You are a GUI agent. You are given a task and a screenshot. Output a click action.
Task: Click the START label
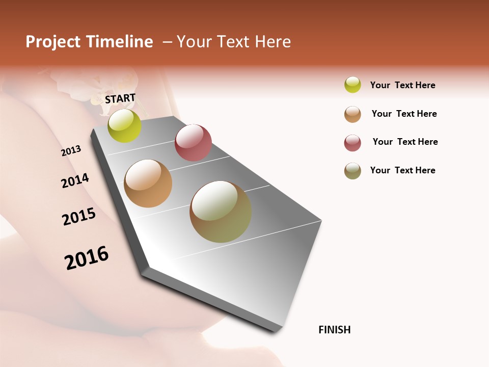[x=120, y=98]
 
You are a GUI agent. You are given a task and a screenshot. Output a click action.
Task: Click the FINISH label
[x=335, y=330]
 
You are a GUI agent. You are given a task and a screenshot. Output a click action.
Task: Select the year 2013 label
[x=71, y=151]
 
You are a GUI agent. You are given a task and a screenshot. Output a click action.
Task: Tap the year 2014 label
[x=75, y=181]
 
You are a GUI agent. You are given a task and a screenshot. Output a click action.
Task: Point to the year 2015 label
[x=79, y=217]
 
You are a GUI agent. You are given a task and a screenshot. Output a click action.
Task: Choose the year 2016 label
[x=87, y=258]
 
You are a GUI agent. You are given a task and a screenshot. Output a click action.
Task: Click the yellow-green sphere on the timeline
[x=124, y=126]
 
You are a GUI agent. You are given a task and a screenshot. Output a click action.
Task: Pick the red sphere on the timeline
[x=193, y=143]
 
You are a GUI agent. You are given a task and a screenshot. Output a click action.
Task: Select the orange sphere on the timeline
[x=148, y=183]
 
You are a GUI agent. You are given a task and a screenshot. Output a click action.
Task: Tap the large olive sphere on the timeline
[x=221, y=212]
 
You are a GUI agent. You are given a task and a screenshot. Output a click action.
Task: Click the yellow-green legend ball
[x=352, y=85]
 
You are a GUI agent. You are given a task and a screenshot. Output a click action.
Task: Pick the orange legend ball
[x=352, y=114]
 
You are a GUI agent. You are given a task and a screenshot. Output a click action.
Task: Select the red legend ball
[x=352, y=143]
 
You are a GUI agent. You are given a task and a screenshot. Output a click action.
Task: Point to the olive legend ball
[x=352, y=171]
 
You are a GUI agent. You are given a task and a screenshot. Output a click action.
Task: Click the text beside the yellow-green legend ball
[x=403, y=85]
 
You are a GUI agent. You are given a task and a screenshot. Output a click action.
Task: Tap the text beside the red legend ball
[x=405, y=142]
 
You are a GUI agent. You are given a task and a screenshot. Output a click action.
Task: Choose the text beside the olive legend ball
[x=403, y=170]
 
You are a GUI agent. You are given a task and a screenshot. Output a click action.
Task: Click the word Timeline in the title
[x=121, y=42]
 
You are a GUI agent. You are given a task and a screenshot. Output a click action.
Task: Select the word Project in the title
[x=53, y=42]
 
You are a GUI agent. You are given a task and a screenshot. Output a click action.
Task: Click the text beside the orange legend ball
[x=404, y=114]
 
